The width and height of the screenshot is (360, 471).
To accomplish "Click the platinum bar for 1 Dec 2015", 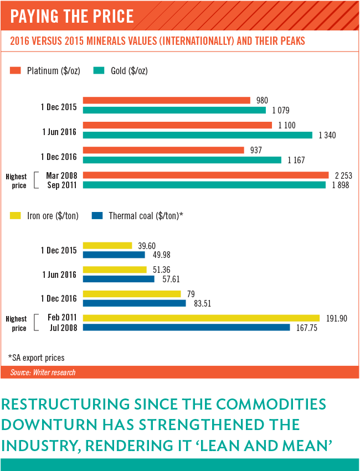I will coord(166,100).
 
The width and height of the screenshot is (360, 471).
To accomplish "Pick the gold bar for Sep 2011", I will coord(204,185).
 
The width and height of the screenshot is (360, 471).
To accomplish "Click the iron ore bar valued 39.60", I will coord(107,245).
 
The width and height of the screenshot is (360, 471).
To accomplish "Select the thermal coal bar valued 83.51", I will coord(135,303).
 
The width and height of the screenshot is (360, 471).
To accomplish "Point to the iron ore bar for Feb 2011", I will coord(201,318).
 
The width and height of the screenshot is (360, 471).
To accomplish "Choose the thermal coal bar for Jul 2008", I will coord(186,328).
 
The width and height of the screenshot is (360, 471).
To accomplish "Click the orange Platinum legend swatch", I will coord(16,70).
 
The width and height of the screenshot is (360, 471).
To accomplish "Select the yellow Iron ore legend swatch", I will coord(16,216).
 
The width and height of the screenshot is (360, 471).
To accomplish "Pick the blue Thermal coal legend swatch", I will coord(97,216).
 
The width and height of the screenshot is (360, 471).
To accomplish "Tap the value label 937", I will coord(256,150).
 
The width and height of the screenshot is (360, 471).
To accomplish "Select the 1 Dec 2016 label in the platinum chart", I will coord(59,157).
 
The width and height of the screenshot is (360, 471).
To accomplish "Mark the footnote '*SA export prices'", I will coord(35,357).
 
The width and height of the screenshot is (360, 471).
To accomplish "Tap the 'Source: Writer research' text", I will coord(43,372).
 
